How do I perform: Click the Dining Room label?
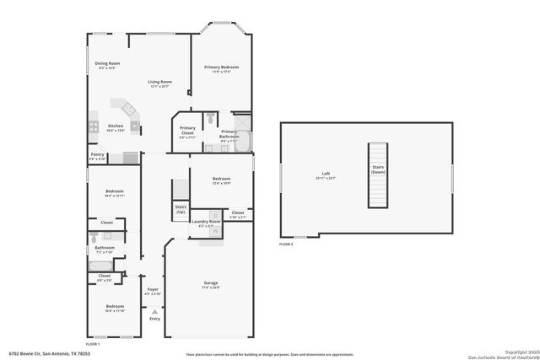point(107,63)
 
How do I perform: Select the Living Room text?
point(159,82)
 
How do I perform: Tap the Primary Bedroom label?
point(221,67)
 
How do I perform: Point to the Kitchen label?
point(115,126)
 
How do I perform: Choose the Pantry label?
point(98,154)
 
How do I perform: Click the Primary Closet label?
point(187,128)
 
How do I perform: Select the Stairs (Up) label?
point(180,208)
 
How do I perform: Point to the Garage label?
point(211,282)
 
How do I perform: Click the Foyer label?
point(154,289)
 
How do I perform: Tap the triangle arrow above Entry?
point(154,310)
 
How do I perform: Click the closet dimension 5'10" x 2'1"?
point(238,217)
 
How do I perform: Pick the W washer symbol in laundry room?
point(214,230)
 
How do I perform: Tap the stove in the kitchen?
point(135,129)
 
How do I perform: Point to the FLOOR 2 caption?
point(286,244)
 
